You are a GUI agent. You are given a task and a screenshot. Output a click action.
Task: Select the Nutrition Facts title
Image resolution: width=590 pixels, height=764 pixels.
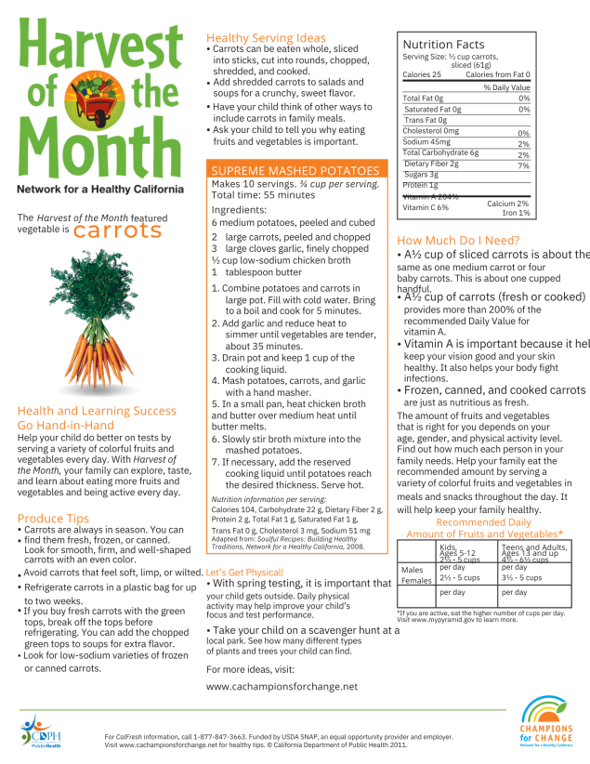coord(443,45)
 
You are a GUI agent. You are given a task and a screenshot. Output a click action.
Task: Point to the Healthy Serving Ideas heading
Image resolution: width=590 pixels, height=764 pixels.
coord(266,37)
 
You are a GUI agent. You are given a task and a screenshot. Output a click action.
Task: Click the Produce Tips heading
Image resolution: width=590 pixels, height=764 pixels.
coord(54,518)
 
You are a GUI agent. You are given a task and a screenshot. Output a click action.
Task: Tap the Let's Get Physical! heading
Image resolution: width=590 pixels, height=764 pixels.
coord(245,572)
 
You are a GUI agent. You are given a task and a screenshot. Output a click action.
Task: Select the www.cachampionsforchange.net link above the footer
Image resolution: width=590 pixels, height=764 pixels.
coord(282,687)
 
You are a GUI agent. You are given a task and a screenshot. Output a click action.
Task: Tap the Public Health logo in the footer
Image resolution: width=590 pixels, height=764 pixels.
coord(42,730)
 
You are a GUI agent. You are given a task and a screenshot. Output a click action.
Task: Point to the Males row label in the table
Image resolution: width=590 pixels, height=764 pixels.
coord(411,569)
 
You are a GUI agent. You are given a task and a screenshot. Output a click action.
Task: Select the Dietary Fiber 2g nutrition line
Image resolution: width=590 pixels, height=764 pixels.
coord(431,164)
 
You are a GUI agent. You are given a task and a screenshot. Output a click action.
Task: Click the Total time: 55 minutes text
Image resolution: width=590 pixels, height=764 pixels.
coord(263,195)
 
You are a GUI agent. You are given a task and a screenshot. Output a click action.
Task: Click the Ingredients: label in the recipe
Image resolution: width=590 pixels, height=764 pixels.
coord(239,210)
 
